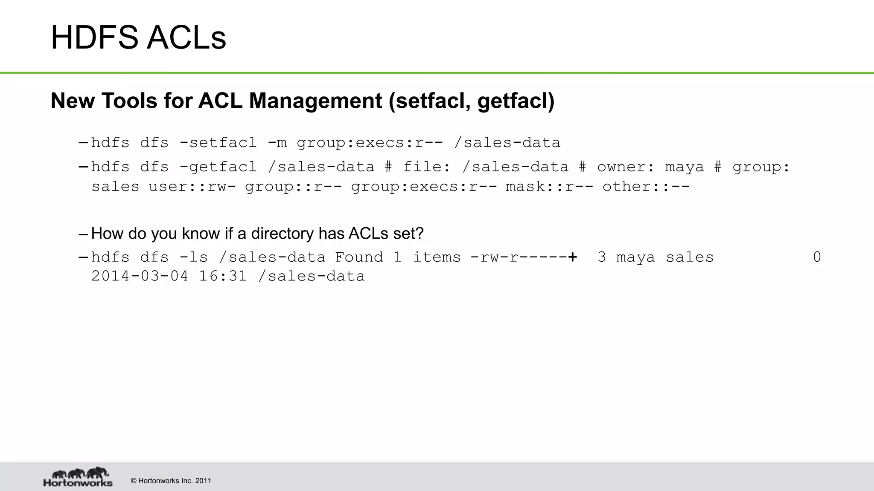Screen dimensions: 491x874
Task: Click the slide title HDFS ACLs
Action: pos(138,38)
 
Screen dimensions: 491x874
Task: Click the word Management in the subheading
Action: pos(315,101)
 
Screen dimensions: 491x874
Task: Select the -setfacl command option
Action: pos(218,142)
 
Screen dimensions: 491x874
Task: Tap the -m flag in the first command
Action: pos(277,142)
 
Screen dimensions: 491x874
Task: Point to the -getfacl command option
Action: pos(218,167)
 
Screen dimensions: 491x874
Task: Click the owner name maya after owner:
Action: pos(684,167)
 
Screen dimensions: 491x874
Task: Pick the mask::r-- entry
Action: pos(549,187)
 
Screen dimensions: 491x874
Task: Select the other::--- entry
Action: pos(646,187)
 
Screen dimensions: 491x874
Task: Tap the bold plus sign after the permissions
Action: pos(573,257)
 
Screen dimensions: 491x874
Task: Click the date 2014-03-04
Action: pos(140,276)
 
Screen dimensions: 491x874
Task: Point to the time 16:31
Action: pos(223,276)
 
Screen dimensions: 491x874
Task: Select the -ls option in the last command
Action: pos(193,257)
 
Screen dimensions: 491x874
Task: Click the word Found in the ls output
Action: pos(358,257)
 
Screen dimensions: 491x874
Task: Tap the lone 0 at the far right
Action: pos(817,257)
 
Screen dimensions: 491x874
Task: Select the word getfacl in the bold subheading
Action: pos(512,101)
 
